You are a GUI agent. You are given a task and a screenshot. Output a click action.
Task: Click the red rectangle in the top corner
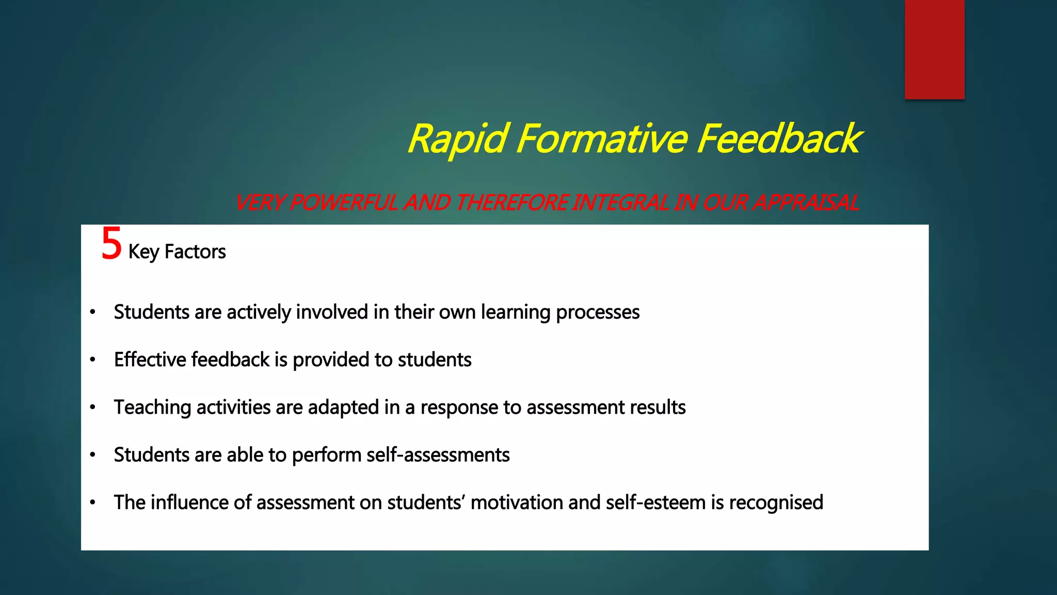[x=934, y=49]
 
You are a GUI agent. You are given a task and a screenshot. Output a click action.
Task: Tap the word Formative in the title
[x=601, y=139]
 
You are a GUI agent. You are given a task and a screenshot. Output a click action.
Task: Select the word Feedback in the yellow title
[x=778, y=139]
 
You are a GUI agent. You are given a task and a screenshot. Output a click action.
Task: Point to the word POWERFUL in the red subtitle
[x=344, y=202]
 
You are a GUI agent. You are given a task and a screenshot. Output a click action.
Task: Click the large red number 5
[x=111, y=244]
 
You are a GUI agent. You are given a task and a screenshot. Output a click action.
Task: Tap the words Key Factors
[x=177, y=252]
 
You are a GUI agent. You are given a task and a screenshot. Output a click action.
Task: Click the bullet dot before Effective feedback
[x=92, y=359]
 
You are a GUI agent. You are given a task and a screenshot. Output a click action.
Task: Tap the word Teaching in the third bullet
[x=152, y=408]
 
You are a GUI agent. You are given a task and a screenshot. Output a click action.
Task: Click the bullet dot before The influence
[x=92, y=502]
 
